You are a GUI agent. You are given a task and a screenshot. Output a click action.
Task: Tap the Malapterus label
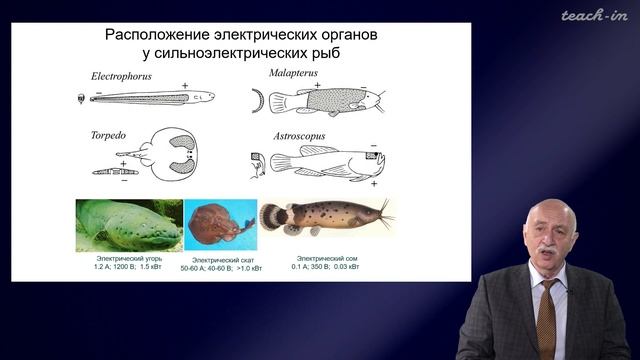[294, 74]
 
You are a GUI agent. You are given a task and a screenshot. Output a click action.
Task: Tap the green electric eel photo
[128, 225]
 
